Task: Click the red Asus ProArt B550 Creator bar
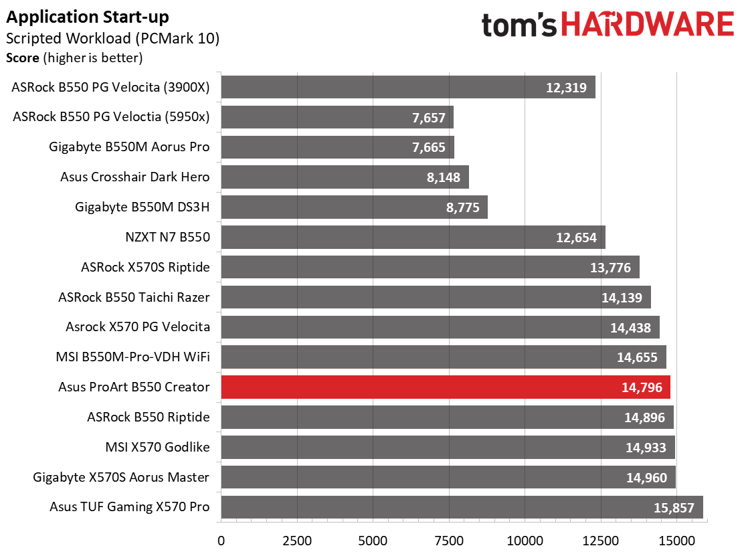tap(445, 387)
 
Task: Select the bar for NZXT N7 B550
tap(413, 238)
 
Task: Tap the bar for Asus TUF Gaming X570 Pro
tap(462, 507)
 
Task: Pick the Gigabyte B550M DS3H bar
tap(354, 207)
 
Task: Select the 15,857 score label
tap(674, 507)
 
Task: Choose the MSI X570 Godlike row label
tap(157, 447)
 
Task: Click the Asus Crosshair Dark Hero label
tap(134, 177)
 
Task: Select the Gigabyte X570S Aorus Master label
tap(121, 477)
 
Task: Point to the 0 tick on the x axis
tap(221, 540)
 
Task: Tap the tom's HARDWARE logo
tap(608, 25)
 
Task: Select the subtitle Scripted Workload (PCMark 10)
tap(112, 38)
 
